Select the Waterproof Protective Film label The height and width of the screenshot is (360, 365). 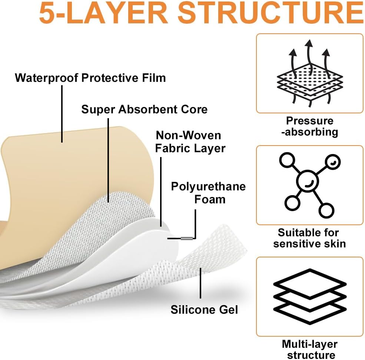click(90, 78)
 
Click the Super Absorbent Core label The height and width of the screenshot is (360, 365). click(144, 109)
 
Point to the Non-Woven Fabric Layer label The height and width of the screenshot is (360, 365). click(190, 141)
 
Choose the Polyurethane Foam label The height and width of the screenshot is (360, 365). click(208, 193)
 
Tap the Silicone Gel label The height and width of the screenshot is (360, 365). click(204, 310)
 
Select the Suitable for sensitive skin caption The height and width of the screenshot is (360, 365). click(309, 238)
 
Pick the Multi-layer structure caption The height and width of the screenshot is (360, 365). click(309, 349)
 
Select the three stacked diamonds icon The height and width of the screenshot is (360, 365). click(309, 295)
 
